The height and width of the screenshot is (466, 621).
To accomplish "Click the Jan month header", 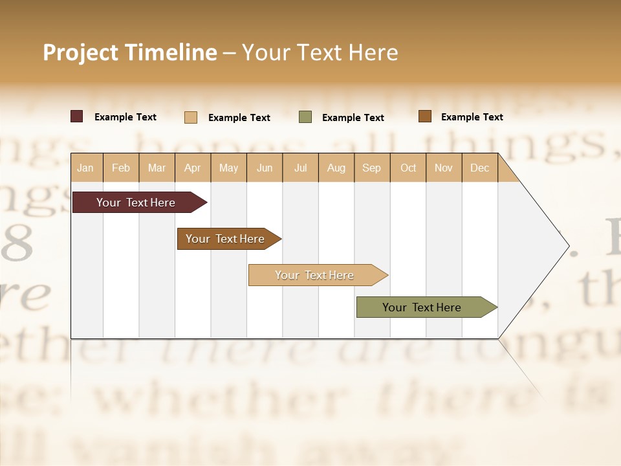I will click(x=85, y=168).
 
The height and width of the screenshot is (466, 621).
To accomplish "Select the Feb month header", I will click(x=121, y=168).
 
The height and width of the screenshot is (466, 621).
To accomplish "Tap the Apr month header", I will click(x=192, y=168).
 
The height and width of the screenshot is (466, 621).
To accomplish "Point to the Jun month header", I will click(x=265, y=168).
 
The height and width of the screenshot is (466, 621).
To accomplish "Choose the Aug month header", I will click(x=336, y=168).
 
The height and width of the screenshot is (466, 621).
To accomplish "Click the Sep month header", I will click(x=371, y=168).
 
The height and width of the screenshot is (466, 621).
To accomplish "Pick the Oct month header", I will click(x=408, y=168).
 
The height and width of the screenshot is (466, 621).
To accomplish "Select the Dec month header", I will click(x=479, y=168).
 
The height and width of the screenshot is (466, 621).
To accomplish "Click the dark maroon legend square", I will click(x=77, y=116).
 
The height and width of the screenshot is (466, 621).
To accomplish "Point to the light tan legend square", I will click(x=191, y=117).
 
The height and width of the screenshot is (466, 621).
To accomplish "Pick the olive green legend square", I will click(x=305, y=117).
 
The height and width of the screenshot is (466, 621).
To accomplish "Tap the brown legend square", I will click(x=424, y=116).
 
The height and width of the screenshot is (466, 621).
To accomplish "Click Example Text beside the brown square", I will click(x=472, y=116).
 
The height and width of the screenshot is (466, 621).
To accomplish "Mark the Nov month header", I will click(x=444, y=168).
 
